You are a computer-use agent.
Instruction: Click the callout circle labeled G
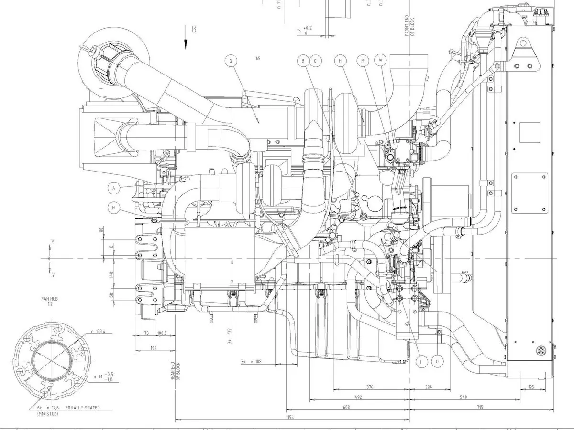[231, 61]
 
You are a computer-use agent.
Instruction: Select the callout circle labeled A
[114, 188]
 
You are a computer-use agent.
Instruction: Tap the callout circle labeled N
[114, 207]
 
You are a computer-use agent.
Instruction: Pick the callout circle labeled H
[341, 61]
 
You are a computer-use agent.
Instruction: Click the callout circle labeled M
[363, 61]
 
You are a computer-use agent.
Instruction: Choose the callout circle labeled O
[437, 362]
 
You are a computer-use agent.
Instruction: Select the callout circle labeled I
[421, 362]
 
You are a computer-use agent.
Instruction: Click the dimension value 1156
[289, 418]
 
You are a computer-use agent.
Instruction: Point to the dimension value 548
[464, 397]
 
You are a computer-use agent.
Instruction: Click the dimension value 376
[369, 387]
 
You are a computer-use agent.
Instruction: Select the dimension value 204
[428, 387]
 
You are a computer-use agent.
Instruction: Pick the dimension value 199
[153, 348]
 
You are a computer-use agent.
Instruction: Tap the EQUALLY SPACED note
[83, 408]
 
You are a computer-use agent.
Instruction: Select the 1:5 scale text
[258, 58]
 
